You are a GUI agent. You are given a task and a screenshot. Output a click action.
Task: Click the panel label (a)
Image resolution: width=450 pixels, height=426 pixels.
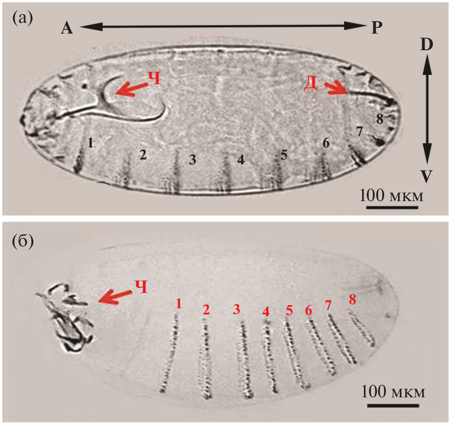click(x=22, y=19)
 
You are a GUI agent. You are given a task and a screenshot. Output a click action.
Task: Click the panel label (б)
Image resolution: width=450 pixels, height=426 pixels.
click(x=23, y=241)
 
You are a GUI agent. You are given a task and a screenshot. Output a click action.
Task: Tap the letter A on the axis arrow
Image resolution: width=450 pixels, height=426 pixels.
click(x=67, y=28)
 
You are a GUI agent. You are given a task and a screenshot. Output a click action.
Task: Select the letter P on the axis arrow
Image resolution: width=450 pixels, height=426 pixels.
click(x=377, y=28)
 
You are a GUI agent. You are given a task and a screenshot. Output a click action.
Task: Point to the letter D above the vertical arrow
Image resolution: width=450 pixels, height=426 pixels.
click(x=426, y=45)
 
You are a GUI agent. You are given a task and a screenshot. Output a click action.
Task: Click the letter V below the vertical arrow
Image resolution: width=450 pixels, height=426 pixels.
click(x=426, y=176)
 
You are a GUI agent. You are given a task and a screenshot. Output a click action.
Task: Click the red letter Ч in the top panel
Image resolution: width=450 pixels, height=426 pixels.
click(x=154, y=78)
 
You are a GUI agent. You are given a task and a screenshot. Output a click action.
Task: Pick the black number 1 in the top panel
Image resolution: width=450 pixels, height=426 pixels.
click(x=91, y=142)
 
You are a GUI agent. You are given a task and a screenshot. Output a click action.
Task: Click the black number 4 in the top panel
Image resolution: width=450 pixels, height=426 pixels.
click(x=241, y=160)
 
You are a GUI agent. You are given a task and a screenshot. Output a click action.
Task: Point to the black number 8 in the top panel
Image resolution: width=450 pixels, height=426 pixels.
click(x=380, y=119)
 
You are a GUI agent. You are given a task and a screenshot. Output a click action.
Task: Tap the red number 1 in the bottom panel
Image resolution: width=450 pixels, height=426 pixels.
click(x=179, y=304)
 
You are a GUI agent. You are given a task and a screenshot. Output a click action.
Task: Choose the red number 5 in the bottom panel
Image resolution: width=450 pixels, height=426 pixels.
click(x=289, y=310)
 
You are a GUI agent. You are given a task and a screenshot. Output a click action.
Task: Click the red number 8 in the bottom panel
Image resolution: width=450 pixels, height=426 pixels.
click(x=352, y=300)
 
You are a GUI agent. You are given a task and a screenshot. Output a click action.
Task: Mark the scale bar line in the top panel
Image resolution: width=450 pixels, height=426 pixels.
click(x=392, y=207)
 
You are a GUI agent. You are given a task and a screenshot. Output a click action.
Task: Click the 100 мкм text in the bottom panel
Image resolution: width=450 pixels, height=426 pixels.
click(x=393, y=392)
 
